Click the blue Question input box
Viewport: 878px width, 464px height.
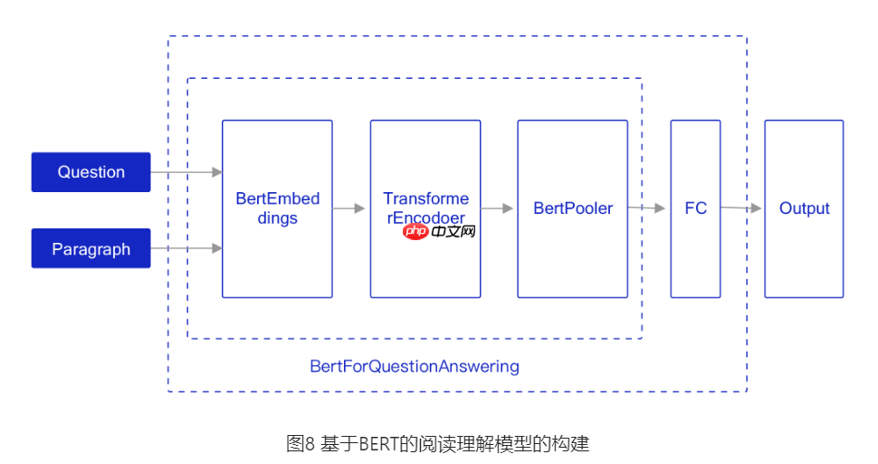91,172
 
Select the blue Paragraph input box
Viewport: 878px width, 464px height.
91,249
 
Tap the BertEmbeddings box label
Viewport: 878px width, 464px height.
277,208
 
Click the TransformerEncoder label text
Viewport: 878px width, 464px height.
425,208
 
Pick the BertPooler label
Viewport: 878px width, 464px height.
572,208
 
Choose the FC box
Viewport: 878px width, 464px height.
695,208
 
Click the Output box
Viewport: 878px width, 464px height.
804,208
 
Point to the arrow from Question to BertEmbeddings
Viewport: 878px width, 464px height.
186,172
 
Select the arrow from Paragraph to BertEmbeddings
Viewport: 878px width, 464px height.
186,248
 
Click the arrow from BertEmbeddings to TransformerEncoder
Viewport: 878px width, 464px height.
350,208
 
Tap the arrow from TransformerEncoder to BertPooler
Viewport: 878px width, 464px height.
498,208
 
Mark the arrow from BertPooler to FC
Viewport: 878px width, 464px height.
648,208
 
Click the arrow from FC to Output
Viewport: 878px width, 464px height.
741,208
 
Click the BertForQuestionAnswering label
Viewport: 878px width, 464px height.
415,366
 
